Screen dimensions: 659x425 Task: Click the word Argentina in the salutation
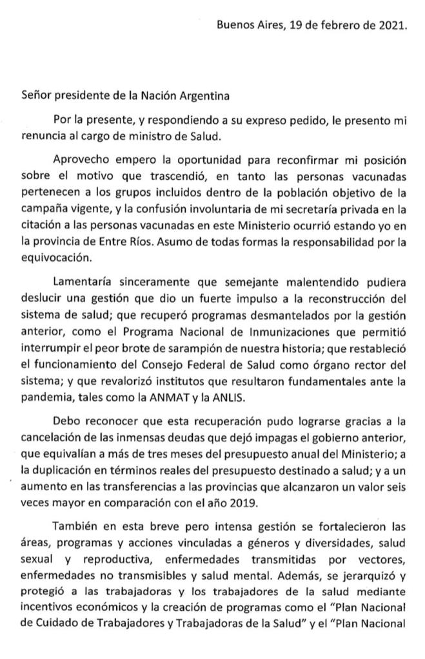pos(197,97)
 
